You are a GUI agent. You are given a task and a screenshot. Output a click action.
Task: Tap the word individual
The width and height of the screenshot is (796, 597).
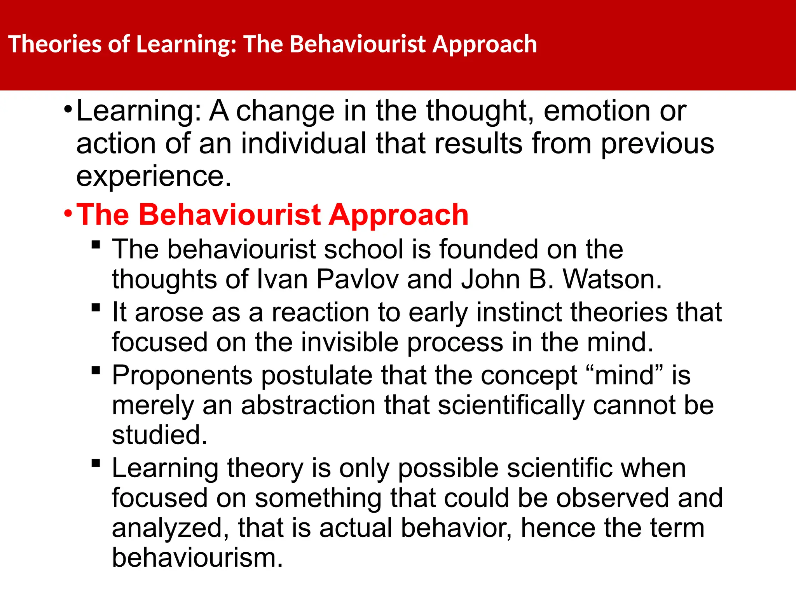point(304,144)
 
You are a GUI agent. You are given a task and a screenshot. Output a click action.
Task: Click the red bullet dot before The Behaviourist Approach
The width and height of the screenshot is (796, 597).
point(68,213)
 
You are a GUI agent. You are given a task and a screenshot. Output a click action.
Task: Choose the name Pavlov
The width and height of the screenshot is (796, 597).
point(358,279)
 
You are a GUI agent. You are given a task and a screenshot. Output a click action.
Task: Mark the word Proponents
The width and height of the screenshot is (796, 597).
point(182,376)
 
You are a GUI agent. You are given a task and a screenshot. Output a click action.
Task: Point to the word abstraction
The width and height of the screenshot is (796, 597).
point(309,405)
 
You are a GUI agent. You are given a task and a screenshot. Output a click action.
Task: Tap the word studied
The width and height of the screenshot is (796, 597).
point(159,435)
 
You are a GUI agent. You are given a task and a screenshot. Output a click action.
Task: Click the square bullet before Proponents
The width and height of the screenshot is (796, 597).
point(96,370)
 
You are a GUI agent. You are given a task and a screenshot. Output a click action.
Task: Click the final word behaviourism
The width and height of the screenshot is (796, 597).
point(197,558)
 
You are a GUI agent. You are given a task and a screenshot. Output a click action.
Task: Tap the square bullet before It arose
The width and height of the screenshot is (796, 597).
point(96,307)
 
